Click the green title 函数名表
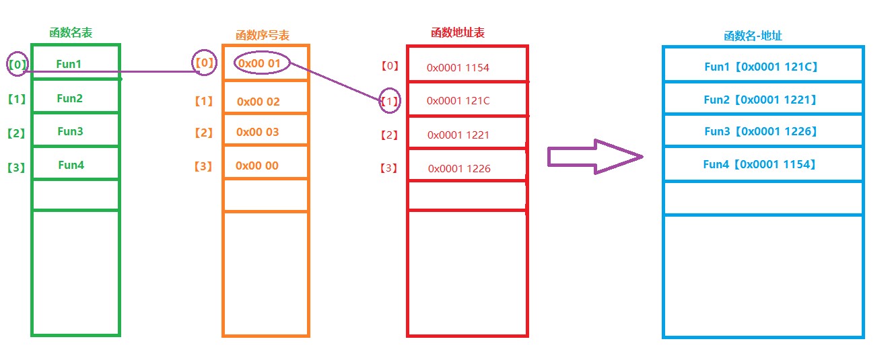(x=71, y=33)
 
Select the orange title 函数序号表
(x=263, y=35)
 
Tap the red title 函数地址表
(x=458, y=32)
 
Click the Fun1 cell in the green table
(x=69, y=65)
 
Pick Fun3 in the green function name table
(x=70, y=132)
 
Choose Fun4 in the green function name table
(x=71, y=165)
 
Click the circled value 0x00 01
(x=263, y=63)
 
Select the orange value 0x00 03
(x=257, y=132)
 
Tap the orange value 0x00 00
(x=256, y=166)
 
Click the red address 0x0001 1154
(x=458, y=68)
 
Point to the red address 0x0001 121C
(x=458, y=101)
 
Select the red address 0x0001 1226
(x=459, y=169)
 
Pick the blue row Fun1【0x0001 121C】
(x=761, y=67)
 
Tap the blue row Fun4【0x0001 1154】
(x=760, y=164)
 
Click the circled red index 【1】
(x=389, y=102)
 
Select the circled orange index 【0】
(x=204, y=63)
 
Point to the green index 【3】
(x=15, y=167)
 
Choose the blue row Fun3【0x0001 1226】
(x=761, y=132)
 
